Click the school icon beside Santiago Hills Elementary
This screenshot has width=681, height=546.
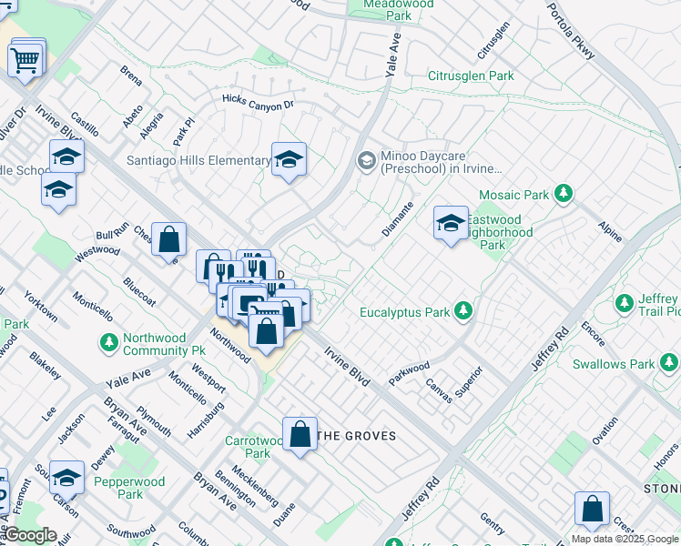[x=290, y=160]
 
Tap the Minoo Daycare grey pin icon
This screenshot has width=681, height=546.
[x=366, y=161]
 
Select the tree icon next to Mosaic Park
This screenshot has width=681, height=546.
[x=564, y=193]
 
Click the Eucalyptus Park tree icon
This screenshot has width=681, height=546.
[x=463, y=312]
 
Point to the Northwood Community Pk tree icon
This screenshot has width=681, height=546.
[x=108, y=342]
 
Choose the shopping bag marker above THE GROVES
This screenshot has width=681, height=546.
[x=300, y=434]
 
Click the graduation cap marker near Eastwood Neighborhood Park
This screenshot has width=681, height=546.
[x=451, y=223]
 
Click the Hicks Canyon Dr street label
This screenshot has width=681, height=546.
[x=259, y=101]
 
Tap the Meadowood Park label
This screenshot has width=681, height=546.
[x=386, y=10]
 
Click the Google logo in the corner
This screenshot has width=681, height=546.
[x=29, y=535]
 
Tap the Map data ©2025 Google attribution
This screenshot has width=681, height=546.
[x=625, y=539]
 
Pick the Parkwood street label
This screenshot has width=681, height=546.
[x=409, y=372]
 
